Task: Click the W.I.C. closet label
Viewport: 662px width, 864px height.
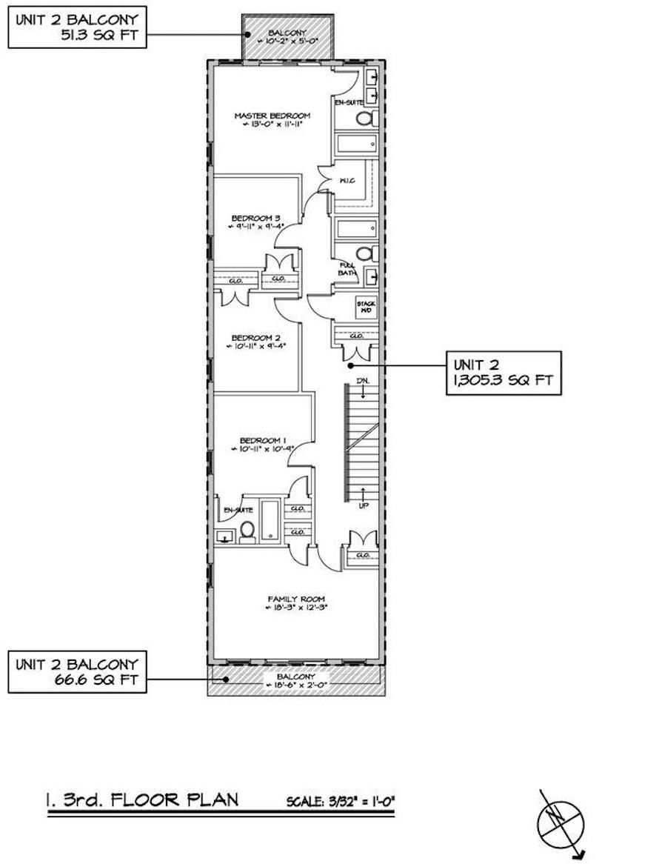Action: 345,180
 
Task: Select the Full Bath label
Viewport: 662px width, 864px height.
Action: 347,268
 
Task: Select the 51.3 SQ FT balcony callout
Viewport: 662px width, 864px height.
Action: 78,27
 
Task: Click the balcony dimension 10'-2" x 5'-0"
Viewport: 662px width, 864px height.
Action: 289,42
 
